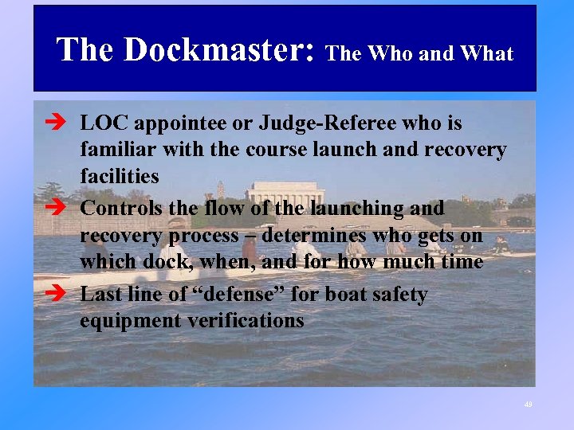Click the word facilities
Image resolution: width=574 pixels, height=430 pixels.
[120, 176]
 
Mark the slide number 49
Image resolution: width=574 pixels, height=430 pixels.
[528, 405]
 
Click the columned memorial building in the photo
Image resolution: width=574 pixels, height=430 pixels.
[285, 194]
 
